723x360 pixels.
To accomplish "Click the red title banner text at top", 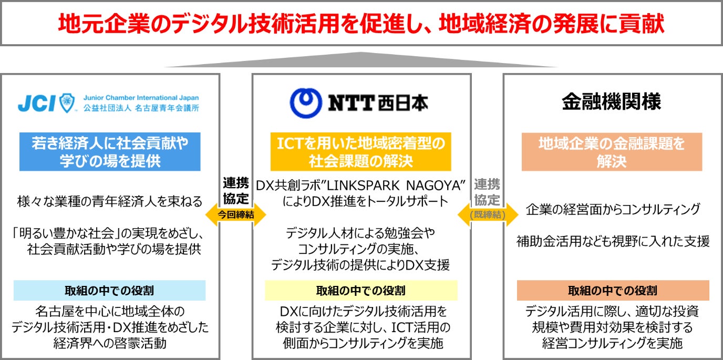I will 361,24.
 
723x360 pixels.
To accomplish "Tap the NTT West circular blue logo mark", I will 306,102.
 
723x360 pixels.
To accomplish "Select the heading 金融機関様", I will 611,102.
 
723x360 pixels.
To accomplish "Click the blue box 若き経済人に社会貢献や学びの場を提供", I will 110,151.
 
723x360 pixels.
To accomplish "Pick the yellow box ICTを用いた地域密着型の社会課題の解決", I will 360,151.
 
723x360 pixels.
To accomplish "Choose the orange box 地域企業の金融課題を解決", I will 612,151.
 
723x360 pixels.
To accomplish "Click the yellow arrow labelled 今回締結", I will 235,214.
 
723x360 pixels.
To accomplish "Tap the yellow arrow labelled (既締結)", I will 488,215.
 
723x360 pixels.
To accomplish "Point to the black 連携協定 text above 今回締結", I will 235,191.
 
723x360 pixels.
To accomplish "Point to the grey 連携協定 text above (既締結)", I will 487,192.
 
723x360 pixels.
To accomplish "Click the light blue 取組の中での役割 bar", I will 109,291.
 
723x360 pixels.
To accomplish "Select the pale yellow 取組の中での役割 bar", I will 360,291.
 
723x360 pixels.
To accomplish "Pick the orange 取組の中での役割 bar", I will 613,291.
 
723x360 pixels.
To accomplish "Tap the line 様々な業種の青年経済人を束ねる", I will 109,201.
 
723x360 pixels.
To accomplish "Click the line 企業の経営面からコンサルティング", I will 613,209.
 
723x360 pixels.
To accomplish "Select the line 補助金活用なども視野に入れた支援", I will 613,241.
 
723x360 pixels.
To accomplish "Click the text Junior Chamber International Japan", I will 141,98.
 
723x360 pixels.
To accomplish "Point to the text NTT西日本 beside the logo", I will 378,102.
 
